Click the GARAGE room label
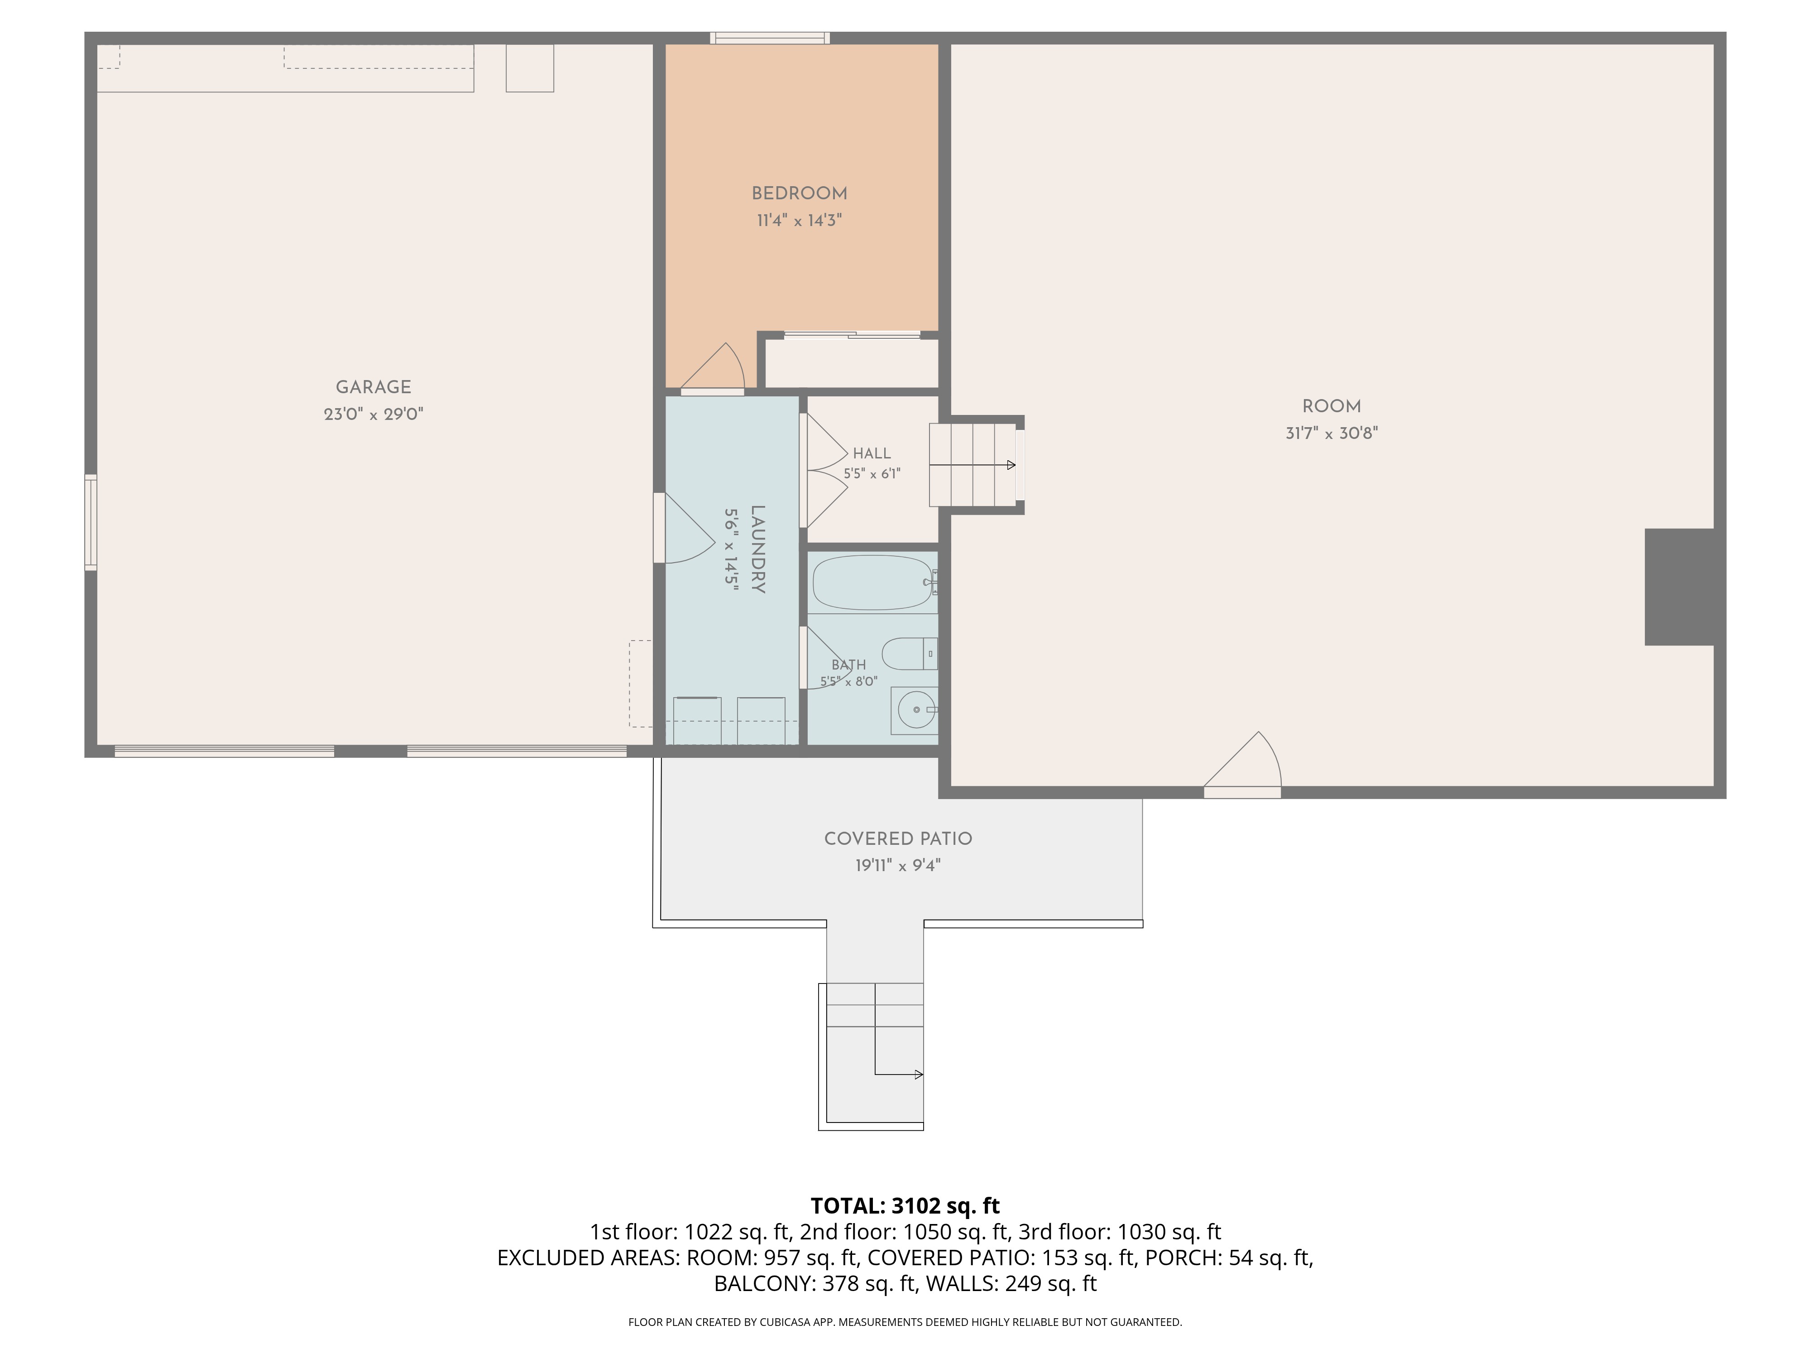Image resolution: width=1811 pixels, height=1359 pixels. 374,387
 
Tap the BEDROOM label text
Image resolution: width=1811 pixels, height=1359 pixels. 799,194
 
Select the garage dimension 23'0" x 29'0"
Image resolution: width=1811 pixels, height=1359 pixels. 374,414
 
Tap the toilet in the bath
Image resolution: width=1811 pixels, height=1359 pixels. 909,653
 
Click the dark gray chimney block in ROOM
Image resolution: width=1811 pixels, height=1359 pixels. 1679,587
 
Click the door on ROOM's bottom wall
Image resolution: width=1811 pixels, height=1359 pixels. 1242,764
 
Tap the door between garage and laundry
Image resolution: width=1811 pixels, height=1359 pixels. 684,528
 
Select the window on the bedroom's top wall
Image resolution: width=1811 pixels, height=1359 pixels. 770,38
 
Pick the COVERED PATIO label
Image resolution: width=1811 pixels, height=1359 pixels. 898,839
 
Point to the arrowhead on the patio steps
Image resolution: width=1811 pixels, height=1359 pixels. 920,1075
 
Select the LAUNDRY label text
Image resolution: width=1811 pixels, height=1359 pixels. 757,549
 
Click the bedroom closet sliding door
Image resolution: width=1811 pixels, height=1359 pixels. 852,334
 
